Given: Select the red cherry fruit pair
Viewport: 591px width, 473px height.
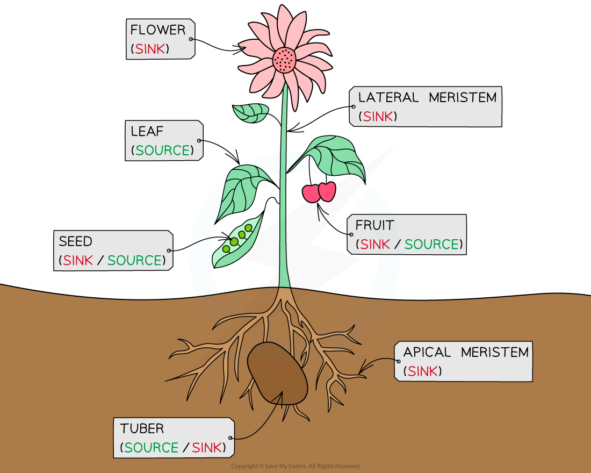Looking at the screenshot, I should [x=319, y=192].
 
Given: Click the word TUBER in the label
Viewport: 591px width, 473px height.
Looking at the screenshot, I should [x=142, y=429].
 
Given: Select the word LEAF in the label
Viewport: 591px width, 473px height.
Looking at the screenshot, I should [x=147, y=131].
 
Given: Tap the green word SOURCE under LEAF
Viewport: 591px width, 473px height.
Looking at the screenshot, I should [x=163, y=150].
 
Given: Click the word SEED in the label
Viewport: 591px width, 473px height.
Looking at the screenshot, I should [x=76, y=241].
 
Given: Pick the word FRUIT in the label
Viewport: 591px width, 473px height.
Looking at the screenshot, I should [x=374, y=225].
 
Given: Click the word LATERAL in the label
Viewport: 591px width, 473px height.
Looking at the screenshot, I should [x=388, y=98].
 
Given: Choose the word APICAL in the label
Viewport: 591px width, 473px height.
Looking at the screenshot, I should [x=427, y=353].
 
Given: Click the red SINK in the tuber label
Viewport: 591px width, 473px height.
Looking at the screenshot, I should [x=207, y=448].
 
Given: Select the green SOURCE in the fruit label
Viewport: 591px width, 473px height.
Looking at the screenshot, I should [x=432, y=245].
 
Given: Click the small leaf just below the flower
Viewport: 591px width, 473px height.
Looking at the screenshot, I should [x=250, y=112].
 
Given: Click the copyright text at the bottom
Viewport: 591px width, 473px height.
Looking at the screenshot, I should [x=295, y=466].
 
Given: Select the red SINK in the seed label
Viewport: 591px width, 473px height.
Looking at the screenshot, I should [x=78, y=261].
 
